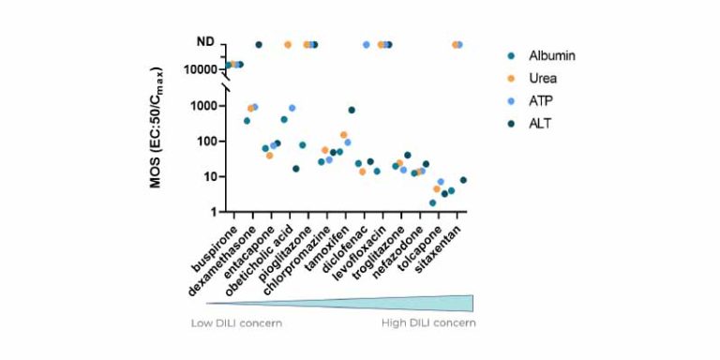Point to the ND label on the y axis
click(x=204, y=42)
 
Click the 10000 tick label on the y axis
click(x=200, y=69)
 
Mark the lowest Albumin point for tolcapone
click(x=432, y=202)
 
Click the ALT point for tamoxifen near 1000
click(x=352, y=111)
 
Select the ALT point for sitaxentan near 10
click(x=463, y=180)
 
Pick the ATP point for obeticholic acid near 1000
click(x=292, y=108)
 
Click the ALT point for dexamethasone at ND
click(x=259, y=45)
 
